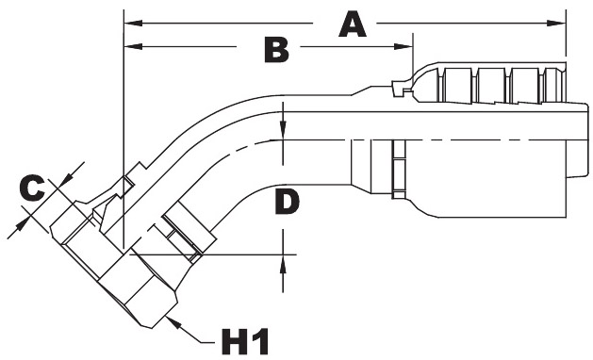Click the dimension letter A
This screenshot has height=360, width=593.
(x=352, y=24)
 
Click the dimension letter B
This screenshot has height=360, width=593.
(x=276, y=49)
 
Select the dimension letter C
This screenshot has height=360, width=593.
(x=32, y=188)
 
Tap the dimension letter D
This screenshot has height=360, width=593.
(x=287, y=202)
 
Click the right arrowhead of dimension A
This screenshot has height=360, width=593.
(x=556, y=24)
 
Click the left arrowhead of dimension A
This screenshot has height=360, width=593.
(x=133, y=24)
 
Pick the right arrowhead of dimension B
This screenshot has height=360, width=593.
(x=404, y=46)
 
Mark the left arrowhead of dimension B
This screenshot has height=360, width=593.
(x=133, y=46)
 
